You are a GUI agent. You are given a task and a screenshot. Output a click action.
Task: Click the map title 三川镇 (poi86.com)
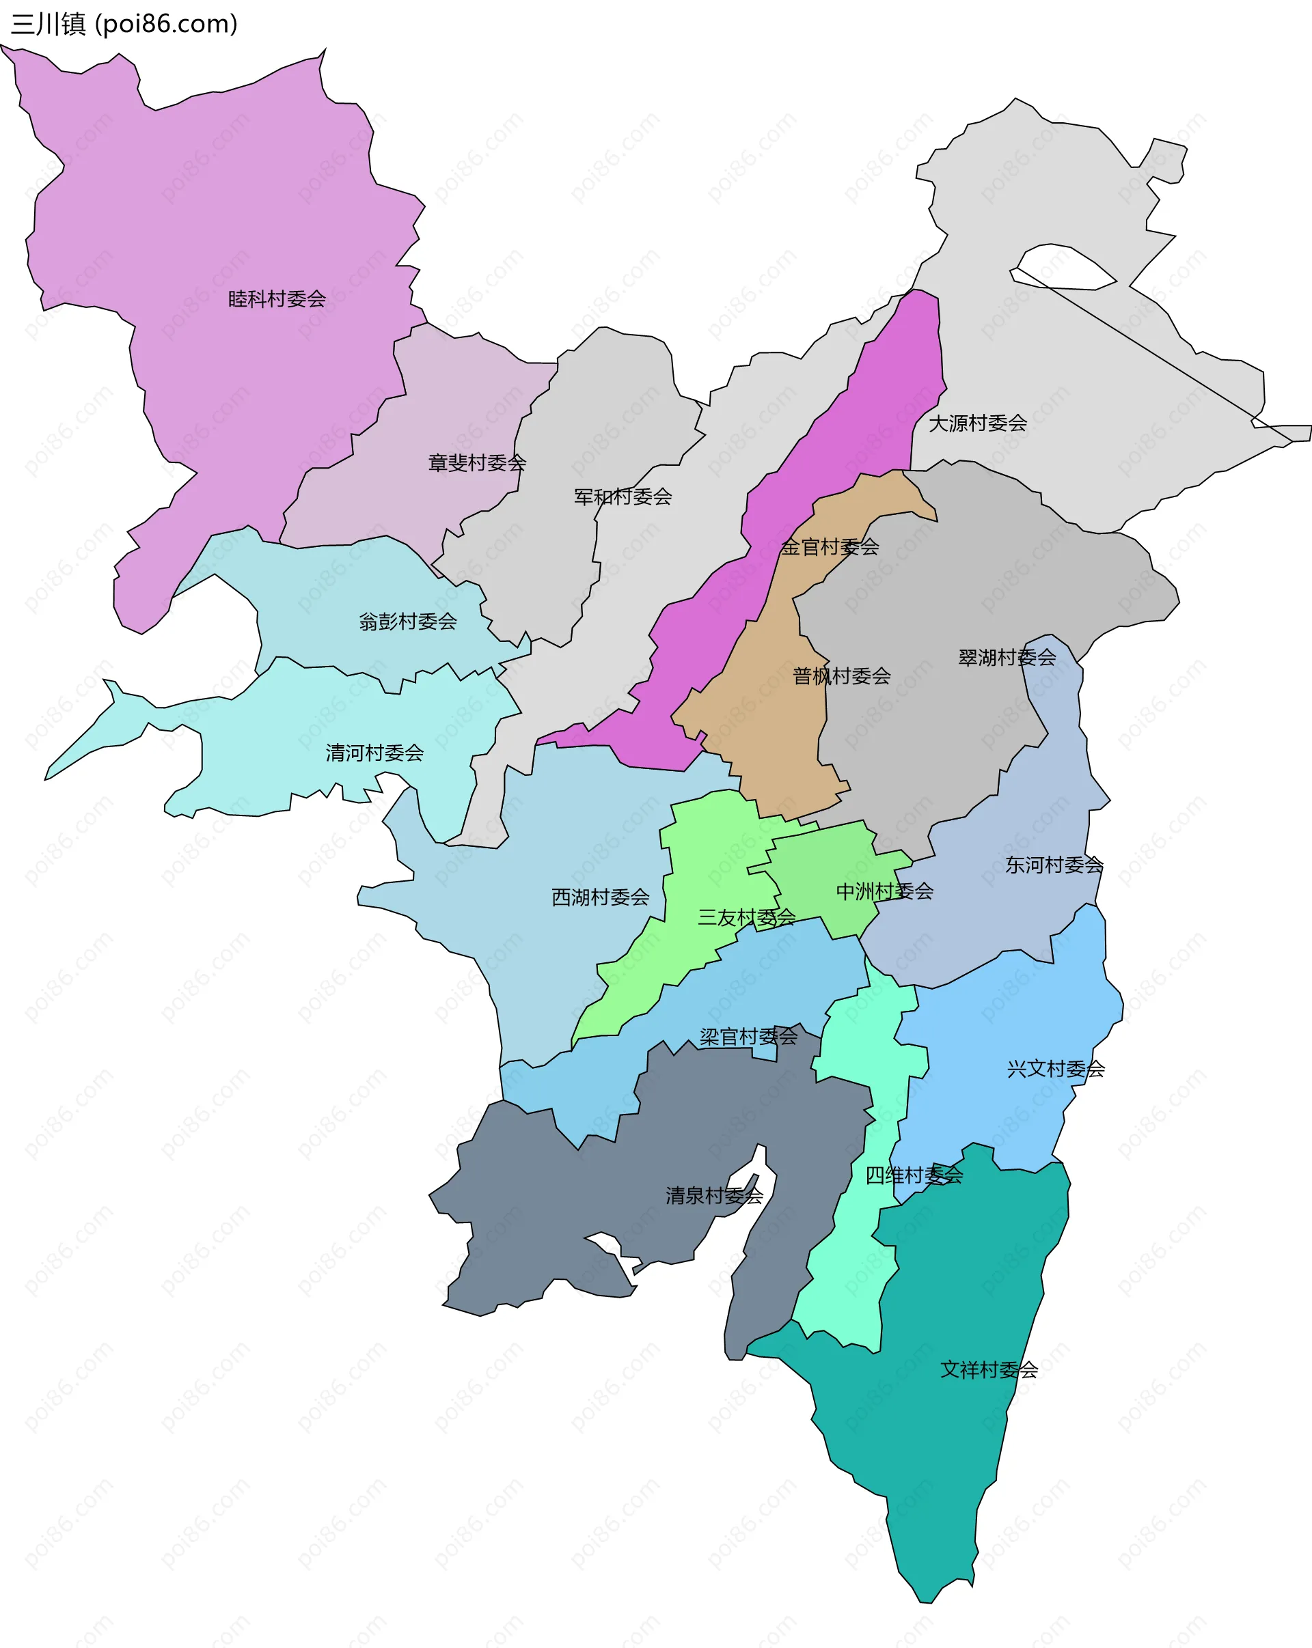[124, 25]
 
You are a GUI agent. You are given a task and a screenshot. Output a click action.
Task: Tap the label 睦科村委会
[277, 299]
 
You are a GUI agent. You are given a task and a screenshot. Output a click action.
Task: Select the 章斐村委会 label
[477, 462]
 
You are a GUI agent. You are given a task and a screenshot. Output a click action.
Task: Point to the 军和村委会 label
[623, 497]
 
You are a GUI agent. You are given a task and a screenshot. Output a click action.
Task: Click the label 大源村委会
[977, 423]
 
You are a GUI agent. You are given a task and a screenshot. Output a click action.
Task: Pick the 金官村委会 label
[830, 546]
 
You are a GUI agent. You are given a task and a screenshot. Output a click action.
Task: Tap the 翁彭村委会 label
[407, 622]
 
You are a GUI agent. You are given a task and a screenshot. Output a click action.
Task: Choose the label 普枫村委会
[841, 675]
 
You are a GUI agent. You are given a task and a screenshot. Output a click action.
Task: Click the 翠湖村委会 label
[1007, 658]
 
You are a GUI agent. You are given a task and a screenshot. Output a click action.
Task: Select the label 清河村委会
[374, 753]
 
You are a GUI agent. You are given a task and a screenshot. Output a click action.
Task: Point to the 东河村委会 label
[1054, 865]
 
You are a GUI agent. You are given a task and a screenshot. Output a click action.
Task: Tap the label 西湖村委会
[600, 897]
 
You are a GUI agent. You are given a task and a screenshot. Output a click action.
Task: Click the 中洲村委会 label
[885, 891]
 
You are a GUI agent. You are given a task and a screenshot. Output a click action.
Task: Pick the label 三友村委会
[746, 917]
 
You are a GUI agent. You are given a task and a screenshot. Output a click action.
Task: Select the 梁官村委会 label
[748, 1037]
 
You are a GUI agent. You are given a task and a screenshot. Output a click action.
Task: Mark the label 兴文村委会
[1056, 1069]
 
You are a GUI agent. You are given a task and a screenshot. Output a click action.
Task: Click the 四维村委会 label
[914, 1175]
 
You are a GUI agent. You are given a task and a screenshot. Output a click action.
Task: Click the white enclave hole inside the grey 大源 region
[1063, 268]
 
